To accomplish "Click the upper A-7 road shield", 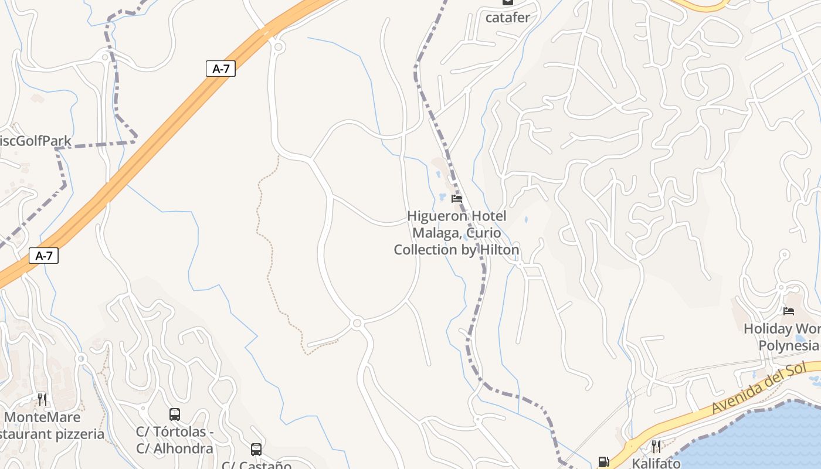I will click(220, 69).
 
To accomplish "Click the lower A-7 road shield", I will click(43, 256).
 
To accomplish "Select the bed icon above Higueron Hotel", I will click(457, 199).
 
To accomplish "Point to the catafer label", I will click(507, 18).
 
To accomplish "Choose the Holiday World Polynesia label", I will click(783, 337).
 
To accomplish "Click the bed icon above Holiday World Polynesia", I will click(789, 311).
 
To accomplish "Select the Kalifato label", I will click(656, 463).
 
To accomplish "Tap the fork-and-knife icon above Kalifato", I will click(656, 447).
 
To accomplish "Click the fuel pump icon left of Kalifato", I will click(603, 462).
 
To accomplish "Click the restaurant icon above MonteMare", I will click(42, 399).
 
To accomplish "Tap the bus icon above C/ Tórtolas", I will click(175, 414).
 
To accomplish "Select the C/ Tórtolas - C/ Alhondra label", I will click(175, 440).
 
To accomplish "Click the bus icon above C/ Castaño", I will click(256, 450).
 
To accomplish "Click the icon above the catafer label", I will click(507, 2).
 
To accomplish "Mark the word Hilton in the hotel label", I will click(499, 250).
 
